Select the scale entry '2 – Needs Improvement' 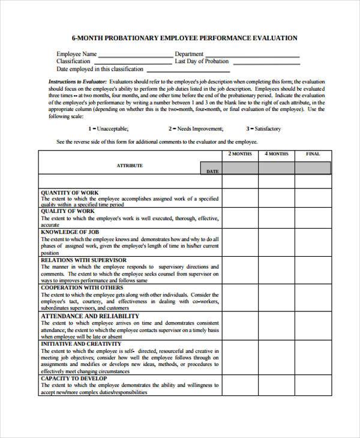(196, 128)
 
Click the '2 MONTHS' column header (240, 154)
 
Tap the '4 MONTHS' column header (276, 154)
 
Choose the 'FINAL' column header (313, 154)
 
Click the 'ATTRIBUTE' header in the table (130, 166)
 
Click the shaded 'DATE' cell (212, 171)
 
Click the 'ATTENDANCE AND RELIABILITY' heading (89, 316)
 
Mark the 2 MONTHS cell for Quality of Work (240, 217)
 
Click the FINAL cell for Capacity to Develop (313, 386)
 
